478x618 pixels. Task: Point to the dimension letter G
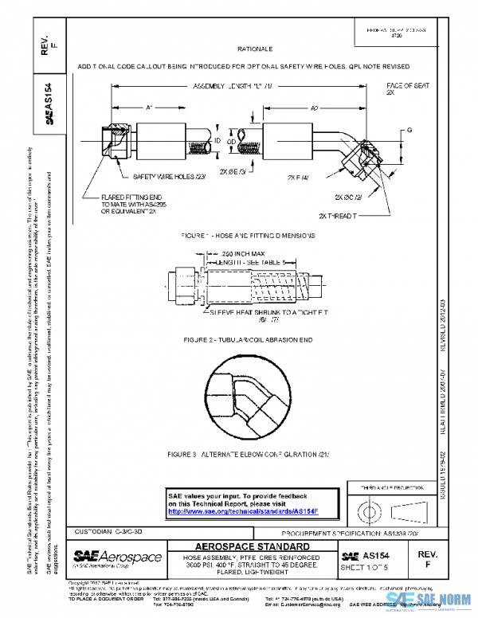tap(409, 128)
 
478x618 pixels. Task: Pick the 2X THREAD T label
tap(339, 216)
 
